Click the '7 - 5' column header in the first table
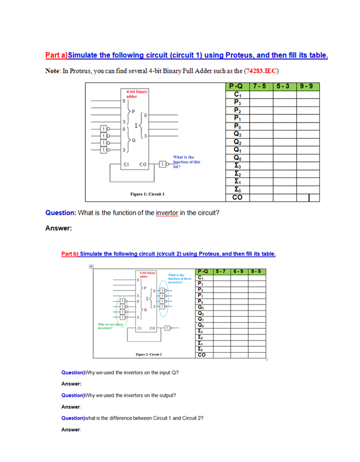click(x=260, y=87)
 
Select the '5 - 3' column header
click(x=284, y=87)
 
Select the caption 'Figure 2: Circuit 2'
click(x=148, y=354)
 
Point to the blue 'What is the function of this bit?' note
click(x=187, y=161)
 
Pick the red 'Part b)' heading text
click(x=70, y=254)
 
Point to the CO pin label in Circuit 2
click(x=152, y=329)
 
